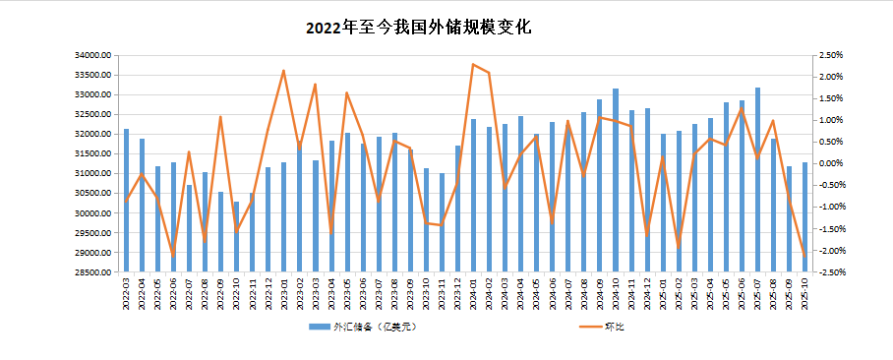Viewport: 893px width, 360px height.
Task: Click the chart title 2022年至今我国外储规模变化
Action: [x=418, y=28]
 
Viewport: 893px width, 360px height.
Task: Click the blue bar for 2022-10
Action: [x=236, y=236]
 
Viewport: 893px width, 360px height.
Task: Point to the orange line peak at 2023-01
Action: [x=283, y=71]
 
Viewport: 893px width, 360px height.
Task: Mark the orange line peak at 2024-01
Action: [x=473, y=64]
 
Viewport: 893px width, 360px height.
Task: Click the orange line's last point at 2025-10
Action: [x=804, y=257]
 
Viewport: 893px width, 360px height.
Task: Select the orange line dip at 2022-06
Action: [x=173, y=256]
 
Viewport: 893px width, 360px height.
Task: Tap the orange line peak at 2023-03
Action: [x=315, y=85]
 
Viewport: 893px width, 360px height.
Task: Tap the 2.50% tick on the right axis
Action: [x=831, y=55]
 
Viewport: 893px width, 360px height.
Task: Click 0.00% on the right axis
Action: [x=831, y=163]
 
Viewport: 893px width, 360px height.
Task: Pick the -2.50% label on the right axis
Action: [x=831, y=272]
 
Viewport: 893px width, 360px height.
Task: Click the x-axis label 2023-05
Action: [x=347, y=294]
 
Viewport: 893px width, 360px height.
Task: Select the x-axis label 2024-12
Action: [x=647, y=294]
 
